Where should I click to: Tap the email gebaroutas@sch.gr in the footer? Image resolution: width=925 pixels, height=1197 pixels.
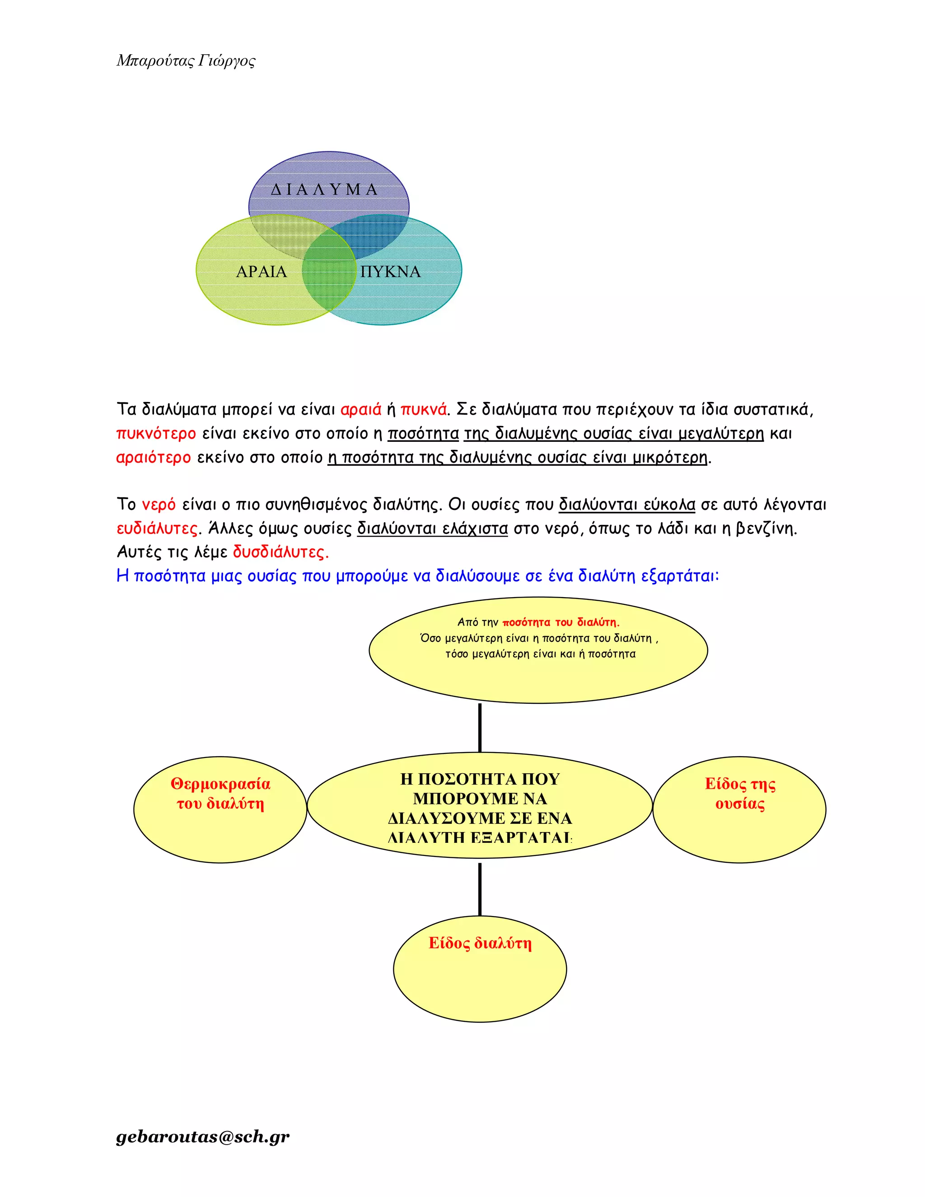click(x=203, y=1136)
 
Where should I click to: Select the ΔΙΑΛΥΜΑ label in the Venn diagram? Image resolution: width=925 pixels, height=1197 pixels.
click(x=324, y=190)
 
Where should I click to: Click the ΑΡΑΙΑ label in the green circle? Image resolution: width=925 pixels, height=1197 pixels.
click(x=262, y=272)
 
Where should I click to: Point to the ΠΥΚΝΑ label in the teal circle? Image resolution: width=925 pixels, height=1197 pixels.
click(x=391, y=272)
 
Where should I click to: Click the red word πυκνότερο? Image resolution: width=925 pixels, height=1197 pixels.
click(x=156, y=434)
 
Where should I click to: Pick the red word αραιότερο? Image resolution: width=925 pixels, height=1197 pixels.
click(x=154, y=457)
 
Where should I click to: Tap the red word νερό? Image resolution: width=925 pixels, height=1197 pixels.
click(x=159, y=504)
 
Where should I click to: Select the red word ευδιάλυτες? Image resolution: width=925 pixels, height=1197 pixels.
click(x=157, y=528)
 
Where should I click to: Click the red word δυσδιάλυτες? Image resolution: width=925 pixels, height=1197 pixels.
click(x=280, y=552)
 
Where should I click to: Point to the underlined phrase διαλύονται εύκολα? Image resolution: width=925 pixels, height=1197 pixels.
click(x=627, y=504)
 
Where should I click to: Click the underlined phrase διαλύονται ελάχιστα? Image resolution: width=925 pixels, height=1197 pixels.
click(x=432, y=528)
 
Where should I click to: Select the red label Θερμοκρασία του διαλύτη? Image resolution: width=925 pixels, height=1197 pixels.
click(x=220, y=794)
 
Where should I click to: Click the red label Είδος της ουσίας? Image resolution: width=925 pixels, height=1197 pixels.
click(x=740, y=794)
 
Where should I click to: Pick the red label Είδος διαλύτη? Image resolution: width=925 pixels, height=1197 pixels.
click(x=480, y=943)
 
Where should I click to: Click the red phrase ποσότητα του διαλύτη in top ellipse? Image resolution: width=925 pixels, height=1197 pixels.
click(x=561, y=622)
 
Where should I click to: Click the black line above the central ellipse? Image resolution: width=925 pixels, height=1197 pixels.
click(x=480, y=728)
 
